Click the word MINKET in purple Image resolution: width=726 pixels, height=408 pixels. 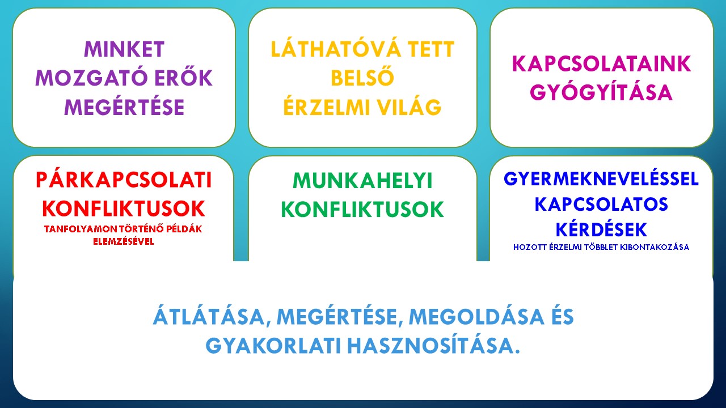(x=124, y=49)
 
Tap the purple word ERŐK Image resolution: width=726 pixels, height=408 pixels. (x=183, y=78)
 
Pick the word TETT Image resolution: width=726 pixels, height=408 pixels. (x=430, y=49)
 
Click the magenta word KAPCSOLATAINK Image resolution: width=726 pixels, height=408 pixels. (x=601, y=63)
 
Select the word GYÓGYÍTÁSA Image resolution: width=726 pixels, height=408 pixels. (x=601, y=92)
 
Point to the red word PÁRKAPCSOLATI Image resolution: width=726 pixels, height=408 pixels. (x=124, y=180)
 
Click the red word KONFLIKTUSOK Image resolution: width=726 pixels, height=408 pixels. (x=124, y=209)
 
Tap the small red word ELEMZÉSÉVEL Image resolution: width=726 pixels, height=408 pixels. (x=124, y=241)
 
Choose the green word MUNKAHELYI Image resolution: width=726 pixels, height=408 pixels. (x=362, y=181)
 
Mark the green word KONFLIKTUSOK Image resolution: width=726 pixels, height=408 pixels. (x=362, y=210)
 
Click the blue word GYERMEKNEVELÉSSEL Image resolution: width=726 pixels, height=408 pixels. (x=601, y=178)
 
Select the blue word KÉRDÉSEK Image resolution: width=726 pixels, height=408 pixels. (x=601, y=229)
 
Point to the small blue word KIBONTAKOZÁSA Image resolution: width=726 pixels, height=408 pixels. (x=655, y=247)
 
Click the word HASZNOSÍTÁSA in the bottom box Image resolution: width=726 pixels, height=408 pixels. (x=433, y=346)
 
